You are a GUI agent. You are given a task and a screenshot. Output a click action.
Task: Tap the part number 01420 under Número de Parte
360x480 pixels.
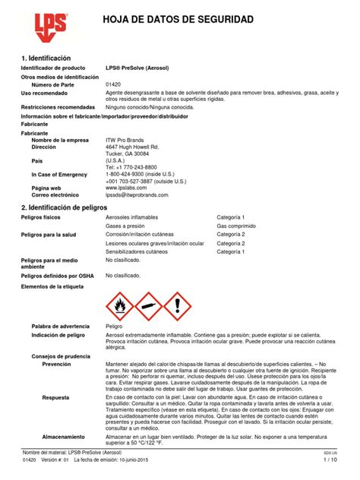click(x=114, y=84)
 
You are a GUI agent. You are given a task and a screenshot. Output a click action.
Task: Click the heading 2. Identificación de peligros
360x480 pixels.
click(x=70, y=207)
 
